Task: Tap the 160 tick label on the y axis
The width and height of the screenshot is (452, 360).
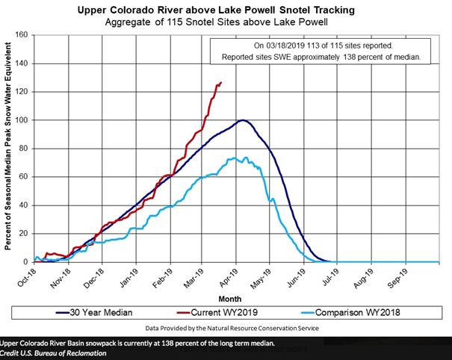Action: point(22,35)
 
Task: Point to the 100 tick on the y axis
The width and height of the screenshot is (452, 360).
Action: point(22,120)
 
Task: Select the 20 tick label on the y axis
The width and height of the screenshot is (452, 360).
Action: point(24,234)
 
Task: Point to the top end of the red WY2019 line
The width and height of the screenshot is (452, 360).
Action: point(220,82)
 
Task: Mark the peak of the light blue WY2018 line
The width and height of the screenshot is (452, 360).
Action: point(234,158)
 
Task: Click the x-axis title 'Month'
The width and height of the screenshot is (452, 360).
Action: point(236,297)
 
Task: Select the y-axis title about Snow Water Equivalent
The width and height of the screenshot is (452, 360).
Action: point(8,149)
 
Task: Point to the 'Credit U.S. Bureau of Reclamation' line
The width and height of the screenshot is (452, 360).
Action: point(54,353)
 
